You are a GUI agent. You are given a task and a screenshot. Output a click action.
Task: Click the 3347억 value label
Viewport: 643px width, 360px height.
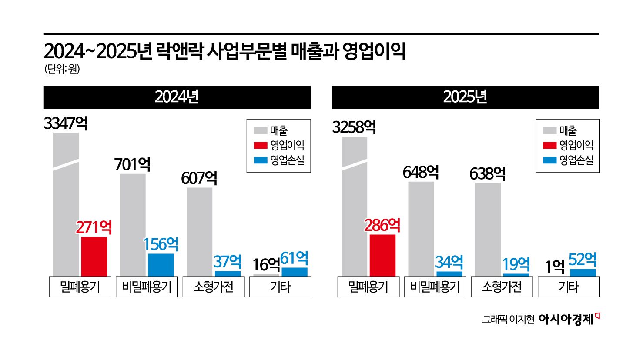tap(66, 124)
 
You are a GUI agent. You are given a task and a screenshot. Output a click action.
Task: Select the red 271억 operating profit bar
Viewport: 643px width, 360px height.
tap(94, 256)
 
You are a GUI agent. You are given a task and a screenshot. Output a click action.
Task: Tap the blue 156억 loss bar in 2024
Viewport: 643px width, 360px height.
tap(161, 264)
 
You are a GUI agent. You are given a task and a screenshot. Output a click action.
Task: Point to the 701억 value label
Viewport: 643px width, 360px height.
tap(132, 165)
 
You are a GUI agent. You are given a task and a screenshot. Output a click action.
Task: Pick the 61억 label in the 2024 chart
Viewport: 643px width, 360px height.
tap(294, 258)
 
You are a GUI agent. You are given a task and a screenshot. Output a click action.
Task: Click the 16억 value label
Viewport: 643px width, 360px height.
tap(266, 264)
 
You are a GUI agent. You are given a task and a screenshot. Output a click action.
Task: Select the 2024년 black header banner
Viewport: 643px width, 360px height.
tap(177, 97)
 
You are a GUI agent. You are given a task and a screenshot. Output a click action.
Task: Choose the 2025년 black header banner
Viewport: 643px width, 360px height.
tap(465, 97)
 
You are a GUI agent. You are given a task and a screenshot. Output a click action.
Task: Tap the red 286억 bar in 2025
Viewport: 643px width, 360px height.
tap(382, 255)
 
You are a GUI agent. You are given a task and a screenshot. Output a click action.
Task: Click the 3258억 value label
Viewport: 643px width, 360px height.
tap(354, 127)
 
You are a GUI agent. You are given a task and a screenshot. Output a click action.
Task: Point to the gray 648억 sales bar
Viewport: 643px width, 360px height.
tap(421, 228)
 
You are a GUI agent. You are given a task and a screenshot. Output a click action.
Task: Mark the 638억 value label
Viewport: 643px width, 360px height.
tap(487, 174)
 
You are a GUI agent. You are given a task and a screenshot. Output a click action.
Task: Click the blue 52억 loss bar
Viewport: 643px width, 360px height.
tap(583, 273)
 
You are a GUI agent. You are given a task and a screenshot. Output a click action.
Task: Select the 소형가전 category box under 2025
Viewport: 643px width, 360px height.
tap(502, 287)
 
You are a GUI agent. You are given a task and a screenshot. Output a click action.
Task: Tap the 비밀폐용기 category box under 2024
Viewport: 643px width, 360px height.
tap(147, 287)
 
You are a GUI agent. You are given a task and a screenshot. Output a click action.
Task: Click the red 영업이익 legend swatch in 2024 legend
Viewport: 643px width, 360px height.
tap(260, 145)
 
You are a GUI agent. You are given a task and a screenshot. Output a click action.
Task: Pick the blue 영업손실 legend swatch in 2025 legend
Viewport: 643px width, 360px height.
tap(549, 160)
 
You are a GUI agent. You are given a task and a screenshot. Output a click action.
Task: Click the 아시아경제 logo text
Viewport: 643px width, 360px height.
tap(566, 320)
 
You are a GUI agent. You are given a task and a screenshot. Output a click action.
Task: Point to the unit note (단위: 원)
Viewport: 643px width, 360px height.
tap(62, 69)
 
